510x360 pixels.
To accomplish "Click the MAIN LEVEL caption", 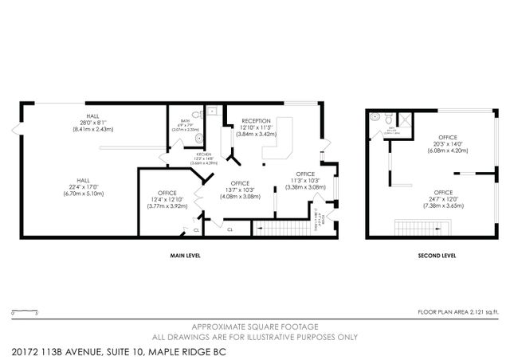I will pos(184,256).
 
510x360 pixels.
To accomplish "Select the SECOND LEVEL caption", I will pos(437,256).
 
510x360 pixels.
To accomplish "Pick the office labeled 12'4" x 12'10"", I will pos(167,199).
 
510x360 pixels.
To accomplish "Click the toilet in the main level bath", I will pos(199,137).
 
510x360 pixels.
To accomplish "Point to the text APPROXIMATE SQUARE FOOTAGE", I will pos(254,327).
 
